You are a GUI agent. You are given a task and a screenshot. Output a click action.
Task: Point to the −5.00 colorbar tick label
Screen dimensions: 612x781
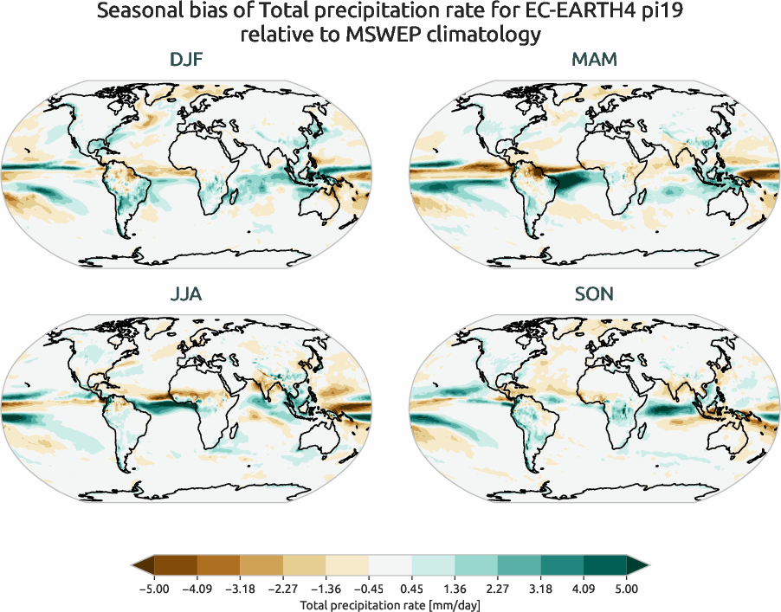click(152, 589)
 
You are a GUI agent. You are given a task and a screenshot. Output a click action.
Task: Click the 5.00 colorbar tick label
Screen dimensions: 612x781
click(626, 589)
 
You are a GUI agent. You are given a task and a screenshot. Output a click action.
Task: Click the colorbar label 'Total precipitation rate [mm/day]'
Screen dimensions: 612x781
click(390, 604)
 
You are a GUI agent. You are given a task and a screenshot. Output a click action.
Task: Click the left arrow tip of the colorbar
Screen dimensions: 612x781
click(133, 566)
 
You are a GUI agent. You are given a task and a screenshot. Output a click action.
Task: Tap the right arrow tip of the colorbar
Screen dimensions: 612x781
click(647, 566)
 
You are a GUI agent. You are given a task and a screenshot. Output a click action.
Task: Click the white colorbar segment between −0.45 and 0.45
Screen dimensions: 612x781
click(390, 566)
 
